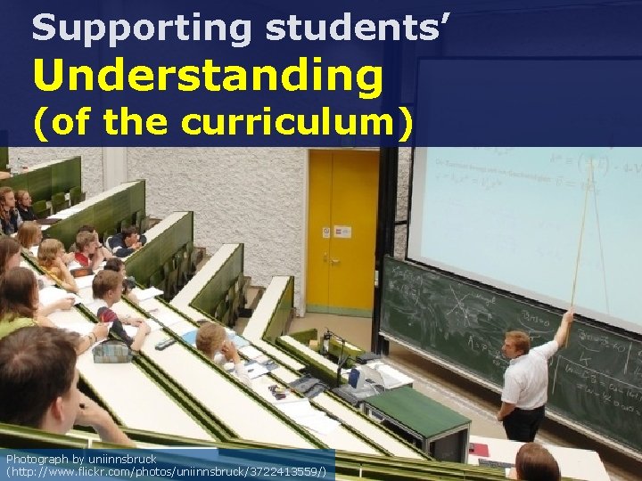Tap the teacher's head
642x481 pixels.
[x=517, y=342]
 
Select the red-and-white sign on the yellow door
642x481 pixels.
[x=327, y=232]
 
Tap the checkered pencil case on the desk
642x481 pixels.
[x=111, y=352]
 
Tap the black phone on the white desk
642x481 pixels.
[x=165, y=344]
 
